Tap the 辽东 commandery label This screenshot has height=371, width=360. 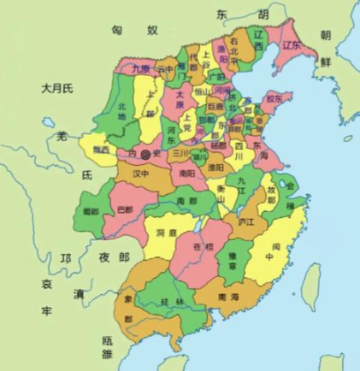[293, 44]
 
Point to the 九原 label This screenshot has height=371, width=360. [142, 67]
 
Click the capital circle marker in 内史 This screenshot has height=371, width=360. [145, 155]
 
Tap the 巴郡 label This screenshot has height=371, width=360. [126, 209]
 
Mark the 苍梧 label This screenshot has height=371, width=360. [204, 247]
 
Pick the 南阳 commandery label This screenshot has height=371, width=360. [188, 172]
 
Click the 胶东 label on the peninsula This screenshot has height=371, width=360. [275, 98]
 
